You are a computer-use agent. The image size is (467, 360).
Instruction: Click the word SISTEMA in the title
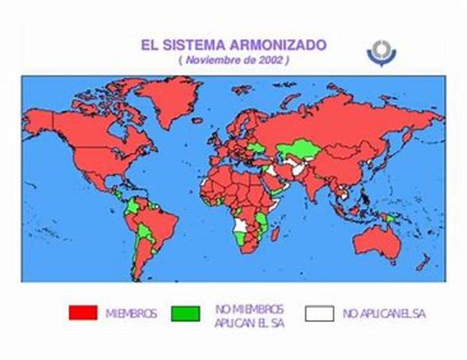(x=194, y=43)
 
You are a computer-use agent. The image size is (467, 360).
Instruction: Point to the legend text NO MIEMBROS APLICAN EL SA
(x=249, y=314)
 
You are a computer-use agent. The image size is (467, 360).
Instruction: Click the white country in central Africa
(x=241, y=225)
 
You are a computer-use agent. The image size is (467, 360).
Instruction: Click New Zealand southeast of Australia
(x=421, y=262)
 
